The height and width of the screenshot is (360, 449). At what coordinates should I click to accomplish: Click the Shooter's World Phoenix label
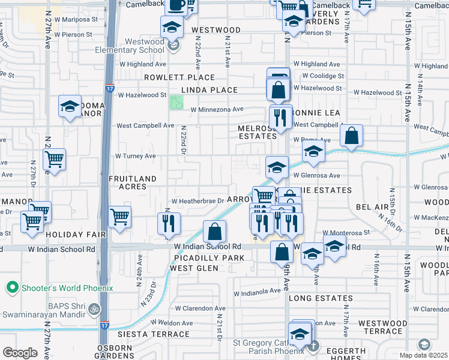coord(67,288)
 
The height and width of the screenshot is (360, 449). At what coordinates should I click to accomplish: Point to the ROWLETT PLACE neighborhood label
coord(179,77)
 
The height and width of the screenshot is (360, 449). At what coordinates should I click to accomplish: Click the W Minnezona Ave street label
coord(217,109)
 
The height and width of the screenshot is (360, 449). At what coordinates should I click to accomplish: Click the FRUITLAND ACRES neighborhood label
coord(132,182)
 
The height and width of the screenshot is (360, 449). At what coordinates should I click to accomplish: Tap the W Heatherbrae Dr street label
coord(197,201)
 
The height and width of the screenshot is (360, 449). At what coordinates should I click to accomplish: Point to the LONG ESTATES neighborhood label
coord(321,298)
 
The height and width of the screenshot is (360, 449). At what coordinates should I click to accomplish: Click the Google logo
coord(20,353)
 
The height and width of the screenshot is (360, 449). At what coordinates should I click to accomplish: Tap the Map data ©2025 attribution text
coord(424,355)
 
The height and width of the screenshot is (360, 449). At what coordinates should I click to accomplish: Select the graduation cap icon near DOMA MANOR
coord(70,107)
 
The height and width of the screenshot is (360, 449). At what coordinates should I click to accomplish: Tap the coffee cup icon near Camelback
coord(176,5)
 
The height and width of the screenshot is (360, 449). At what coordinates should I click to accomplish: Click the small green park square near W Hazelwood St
coord(176,103)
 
